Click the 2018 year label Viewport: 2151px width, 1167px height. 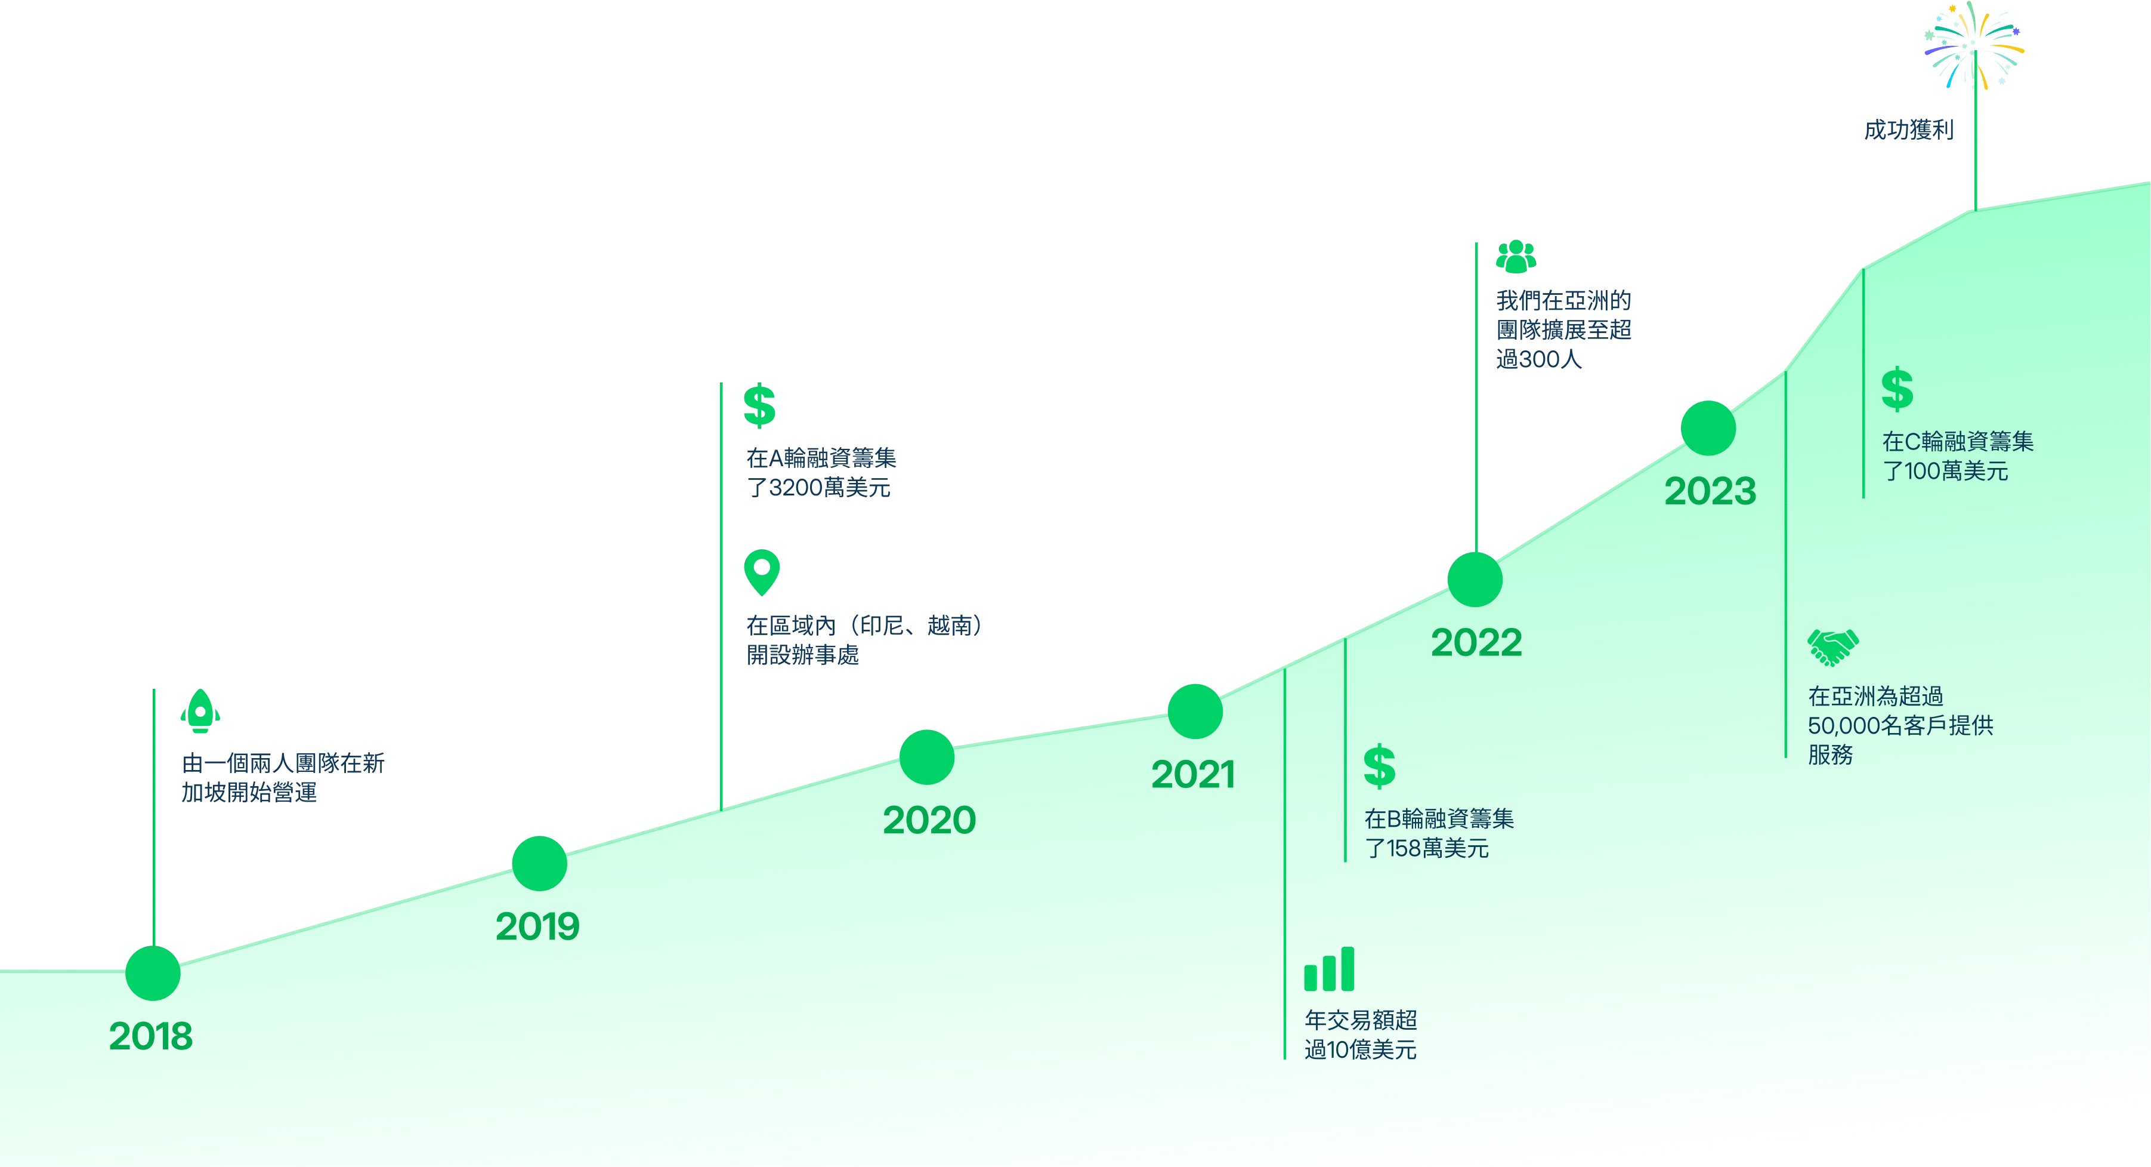(150, 1036)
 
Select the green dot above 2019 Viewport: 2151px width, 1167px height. (539, 863)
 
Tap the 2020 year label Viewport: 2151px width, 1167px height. (929, 820)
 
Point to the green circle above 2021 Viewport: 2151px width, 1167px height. (1195, 712)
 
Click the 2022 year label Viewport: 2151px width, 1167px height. (1476, 642)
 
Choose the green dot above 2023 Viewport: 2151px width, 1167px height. (1708, 429)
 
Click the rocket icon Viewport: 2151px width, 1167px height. (200, 711)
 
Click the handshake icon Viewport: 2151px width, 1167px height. (1833, 646)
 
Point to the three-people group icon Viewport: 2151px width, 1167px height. (1516, 257)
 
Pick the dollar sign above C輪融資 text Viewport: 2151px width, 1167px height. (1897, 389)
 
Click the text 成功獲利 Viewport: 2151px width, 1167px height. (1909, 130)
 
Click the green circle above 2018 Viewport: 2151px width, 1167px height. (153, 973)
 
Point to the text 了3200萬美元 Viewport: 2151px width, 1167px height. (819, 487)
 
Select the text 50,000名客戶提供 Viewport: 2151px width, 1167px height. (1900, 725)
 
